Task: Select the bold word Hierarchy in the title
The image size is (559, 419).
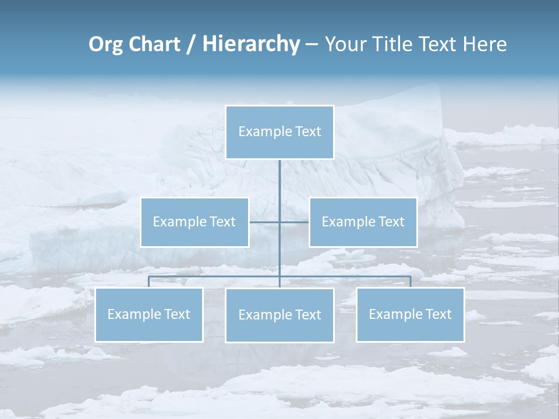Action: [x=251, y=44]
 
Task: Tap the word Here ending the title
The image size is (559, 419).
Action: [x=486, y=44]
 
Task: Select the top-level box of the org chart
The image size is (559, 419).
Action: [x=279, y=132]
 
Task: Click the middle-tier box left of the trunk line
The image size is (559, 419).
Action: [x=194, y=222]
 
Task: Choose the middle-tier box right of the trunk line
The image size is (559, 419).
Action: [x=363, y=222]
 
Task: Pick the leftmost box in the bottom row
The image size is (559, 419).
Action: [x=149, y=315]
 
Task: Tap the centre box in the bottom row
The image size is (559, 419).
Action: [x=279, y=315]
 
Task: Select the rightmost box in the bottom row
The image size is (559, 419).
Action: [x=410, y=315]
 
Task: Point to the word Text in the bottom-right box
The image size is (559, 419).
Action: [x=437, y=314]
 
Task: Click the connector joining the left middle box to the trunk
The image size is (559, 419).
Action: [x=264, y=222]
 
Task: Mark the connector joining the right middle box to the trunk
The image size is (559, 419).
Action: [x=295, y=222]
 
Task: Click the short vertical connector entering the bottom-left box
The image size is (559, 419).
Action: [x=149, y=282]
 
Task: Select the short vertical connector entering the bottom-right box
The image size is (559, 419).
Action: [x=411, y=282]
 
